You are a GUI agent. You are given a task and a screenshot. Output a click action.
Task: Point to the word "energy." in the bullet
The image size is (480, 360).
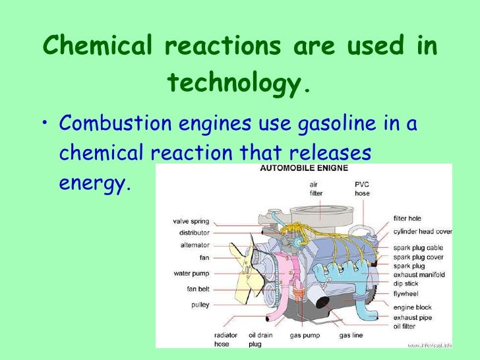(x=92, y=182)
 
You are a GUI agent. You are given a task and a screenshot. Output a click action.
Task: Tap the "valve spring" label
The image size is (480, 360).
(x=191, y=221)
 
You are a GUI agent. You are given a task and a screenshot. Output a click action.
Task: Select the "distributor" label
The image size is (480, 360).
(x=194, y=233)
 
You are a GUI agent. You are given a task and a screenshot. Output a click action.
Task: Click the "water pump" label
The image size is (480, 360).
(x=191, y=273)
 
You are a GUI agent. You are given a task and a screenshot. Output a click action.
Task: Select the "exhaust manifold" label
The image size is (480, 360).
(x=419, y=274)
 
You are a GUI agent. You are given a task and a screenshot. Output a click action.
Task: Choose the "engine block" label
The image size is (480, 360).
(x=412, y=308)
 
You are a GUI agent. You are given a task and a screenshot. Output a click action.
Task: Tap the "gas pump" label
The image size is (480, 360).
(x=305, y=336)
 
